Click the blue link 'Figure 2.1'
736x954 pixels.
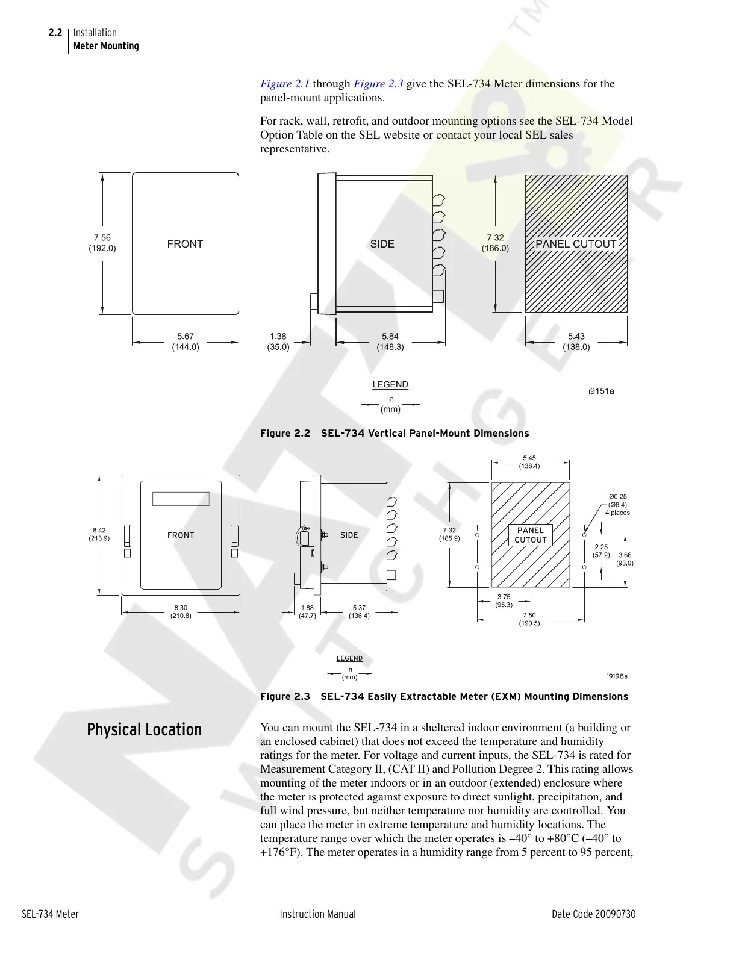click(285, 84)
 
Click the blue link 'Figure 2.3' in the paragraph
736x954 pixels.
click(378, 84)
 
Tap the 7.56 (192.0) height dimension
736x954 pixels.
click(102, 243)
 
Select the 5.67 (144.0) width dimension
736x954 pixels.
click(186, 341)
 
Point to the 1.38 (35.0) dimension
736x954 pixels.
click(278, 341)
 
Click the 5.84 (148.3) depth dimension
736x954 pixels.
click(390, 341)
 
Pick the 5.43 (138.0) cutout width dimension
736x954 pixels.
click(576, 341)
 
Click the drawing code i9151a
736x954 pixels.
click(601, 391)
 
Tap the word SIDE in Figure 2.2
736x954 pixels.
click(382, 244)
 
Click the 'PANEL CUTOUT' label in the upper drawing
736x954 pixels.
click(576, 244)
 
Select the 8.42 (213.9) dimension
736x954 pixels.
click(99, 534)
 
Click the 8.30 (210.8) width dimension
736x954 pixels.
click(181, 612)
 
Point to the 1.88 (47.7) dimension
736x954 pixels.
click(307, 612)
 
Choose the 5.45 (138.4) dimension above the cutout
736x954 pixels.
click(529, 462)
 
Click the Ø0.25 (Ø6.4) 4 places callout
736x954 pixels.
click(617, 505)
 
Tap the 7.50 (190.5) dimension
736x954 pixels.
click(529, 619)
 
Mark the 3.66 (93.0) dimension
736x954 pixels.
click(625, 559)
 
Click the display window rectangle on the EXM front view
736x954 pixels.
click(181, 499)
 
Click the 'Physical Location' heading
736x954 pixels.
click(145, 730)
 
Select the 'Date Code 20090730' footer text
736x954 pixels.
click(593, 914)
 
